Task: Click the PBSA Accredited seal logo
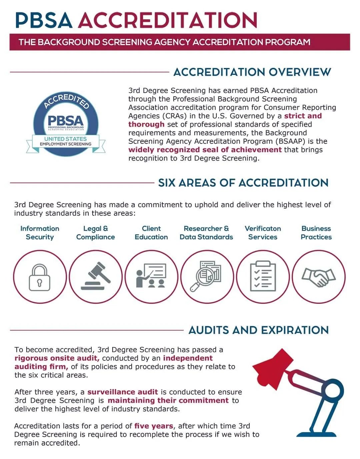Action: click(x=66, y=124)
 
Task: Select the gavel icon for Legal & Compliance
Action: click(x=96, y=277)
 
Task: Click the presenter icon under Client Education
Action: click(x=151, y=277)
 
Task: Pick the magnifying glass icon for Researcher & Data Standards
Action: click(x=207, y=277)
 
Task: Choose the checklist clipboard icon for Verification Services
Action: click(x=263, y=277)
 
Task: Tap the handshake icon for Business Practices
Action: click(x=318, y=277)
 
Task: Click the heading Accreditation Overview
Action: click(x=252, y=72)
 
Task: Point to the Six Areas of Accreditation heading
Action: click(x=243, y=183)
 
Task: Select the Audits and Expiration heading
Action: click(x=258, y=330)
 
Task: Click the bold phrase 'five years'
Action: click(x=154, y=426)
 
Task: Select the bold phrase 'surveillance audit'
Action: click(x=122, y=392)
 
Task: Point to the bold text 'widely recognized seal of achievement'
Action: click(x=205, y=150)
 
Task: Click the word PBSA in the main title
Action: click(x=44, y=20)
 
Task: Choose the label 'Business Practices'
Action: click(x=316, y=233)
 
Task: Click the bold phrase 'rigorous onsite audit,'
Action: click(x=57, y=358)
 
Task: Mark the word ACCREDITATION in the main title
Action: click(x=167, y=20)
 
